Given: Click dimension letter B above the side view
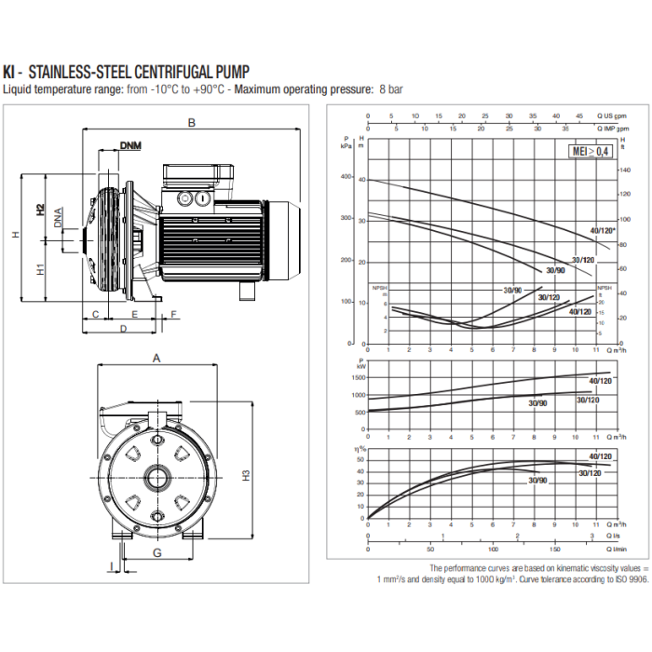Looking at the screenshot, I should (191, 122).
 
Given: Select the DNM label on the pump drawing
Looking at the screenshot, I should (131, 144).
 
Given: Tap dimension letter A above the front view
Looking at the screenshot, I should (156, 357).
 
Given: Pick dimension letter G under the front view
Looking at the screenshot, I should (156, 552).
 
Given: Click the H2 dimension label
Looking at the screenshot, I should (40, 210).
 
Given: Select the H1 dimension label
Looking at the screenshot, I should (40, 271).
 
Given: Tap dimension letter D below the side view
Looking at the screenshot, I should (122, 329).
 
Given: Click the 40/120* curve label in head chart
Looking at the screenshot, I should (602, 229).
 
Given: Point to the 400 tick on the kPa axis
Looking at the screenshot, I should (346, 177).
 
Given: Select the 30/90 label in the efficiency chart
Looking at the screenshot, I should (537, 480).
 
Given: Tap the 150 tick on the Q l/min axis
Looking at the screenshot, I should (555, 550).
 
